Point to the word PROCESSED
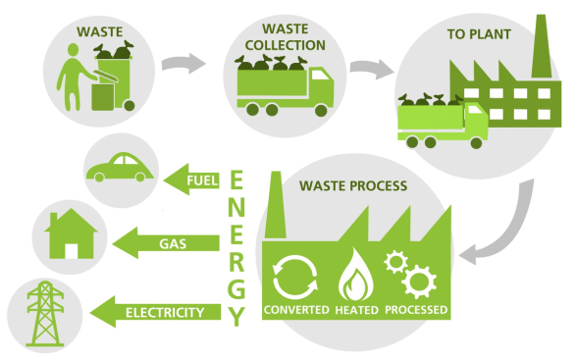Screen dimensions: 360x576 [x=418, y=311]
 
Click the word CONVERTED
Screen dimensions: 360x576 [x=295, y=311]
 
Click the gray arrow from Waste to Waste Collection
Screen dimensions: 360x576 [x=183, y=67]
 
